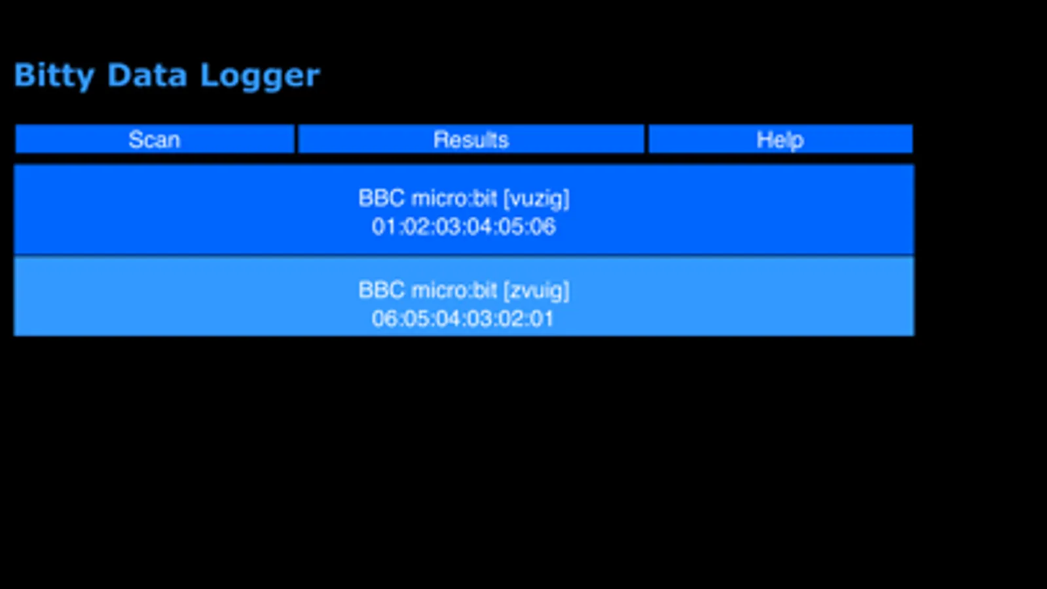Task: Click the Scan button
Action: click(x=155, y=139)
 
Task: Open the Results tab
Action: click(x=471, y=139)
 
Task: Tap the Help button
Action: click(x=780, y=139)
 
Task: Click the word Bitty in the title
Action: click(x=54, y=76)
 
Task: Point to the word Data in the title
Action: click(x=147, y=75)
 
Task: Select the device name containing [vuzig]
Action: click(x=464, y=198)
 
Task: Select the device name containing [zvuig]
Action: click(x=464, y=290)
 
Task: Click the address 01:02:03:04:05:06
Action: click(x=464, y=226)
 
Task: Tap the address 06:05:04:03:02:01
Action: click(x=463, y=319)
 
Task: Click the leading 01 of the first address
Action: click(x=383, y=226)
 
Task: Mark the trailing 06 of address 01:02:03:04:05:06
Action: click(x=543, y=226)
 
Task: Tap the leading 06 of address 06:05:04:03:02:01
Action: click(x=383, y=319)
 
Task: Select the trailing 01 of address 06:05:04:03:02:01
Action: click(x=543, y=319)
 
